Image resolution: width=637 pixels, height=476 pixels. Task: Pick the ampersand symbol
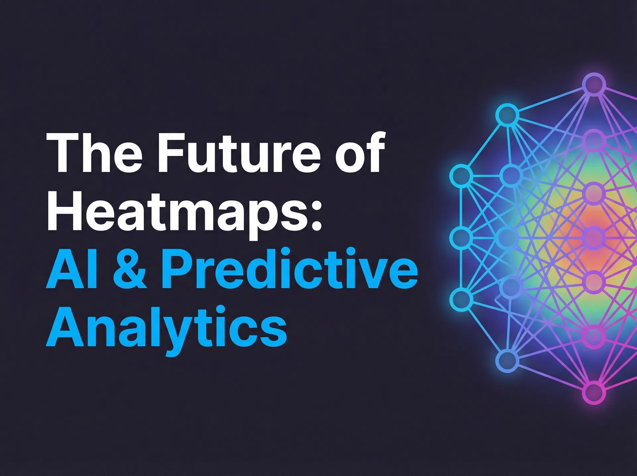point(130,269)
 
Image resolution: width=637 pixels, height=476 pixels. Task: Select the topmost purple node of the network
point(594,84)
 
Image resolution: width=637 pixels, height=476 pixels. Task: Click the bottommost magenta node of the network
point(594,392)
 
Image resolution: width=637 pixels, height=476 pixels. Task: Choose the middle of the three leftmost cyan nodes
point(461,237)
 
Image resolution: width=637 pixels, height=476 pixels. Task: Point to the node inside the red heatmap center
point(594,237)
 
